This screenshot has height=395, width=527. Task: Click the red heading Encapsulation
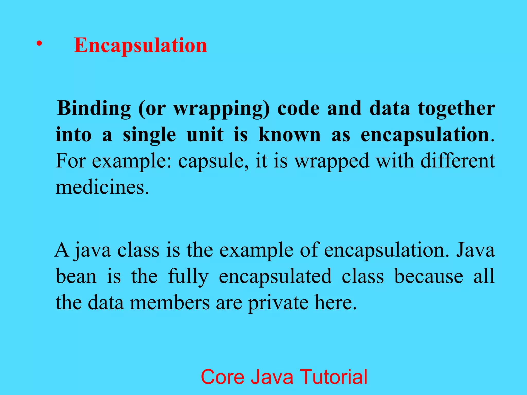pos(140,45)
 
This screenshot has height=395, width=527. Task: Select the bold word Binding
pos(94,108)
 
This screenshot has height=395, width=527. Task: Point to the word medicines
pos(102,187)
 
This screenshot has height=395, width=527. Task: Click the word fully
pos(188,277)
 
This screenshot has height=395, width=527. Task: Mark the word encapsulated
pos(275,277)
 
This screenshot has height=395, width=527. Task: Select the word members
pos(170,302)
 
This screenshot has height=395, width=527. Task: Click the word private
pos(278,303)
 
